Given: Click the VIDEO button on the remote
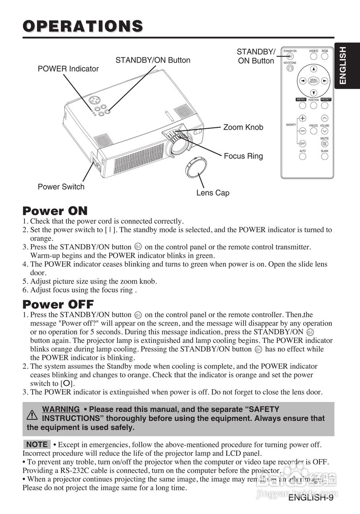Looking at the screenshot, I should tap(313, 57).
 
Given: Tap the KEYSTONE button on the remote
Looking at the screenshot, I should tap(290, 68).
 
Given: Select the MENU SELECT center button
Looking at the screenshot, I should tap(314, 81).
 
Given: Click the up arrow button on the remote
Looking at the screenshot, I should tap(314, 69).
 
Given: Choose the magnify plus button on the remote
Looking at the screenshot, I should tap(303, 118).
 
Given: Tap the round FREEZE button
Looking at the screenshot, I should tap(313, 131).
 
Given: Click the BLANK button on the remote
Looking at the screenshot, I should tap(325, 156).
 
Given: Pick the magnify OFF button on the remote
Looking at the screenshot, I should tap(303, 143).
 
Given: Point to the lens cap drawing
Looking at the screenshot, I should tap(196, 168).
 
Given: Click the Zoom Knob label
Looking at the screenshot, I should tap(243, 127).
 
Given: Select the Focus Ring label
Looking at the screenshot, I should tap(243, 156).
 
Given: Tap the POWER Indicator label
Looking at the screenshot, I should tap(68, 69).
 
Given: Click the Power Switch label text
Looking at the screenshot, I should tap(61, 187).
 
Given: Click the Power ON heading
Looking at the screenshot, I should tap(55, 211).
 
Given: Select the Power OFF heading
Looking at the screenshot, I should tap(58, 304).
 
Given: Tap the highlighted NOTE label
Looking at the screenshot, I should tap(37, 445).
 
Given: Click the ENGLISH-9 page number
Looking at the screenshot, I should tap(311, 498).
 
